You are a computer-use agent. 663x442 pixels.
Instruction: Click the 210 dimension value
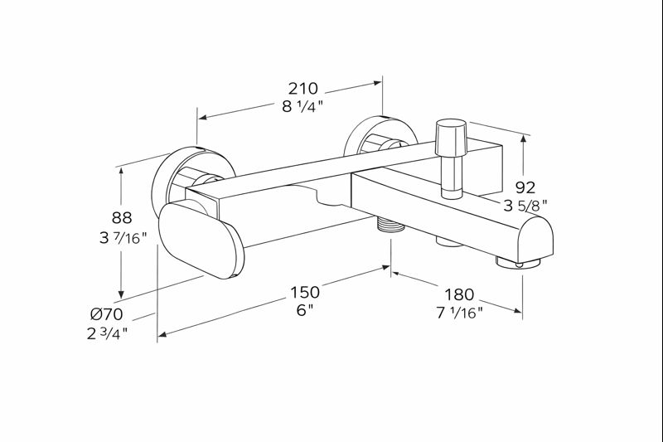303,88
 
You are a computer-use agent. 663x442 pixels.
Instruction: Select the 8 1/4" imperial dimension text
303,105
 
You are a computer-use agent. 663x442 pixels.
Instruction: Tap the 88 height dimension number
122,219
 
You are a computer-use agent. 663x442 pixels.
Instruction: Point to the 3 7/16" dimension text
122,238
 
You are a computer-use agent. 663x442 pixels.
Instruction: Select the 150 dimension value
304,292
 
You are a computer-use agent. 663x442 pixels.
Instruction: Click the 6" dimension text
304,310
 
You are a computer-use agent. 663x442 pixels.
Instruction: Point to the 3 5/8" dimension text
525,205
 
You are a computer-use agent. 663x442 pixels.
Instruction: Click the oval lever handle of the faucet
201,241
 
